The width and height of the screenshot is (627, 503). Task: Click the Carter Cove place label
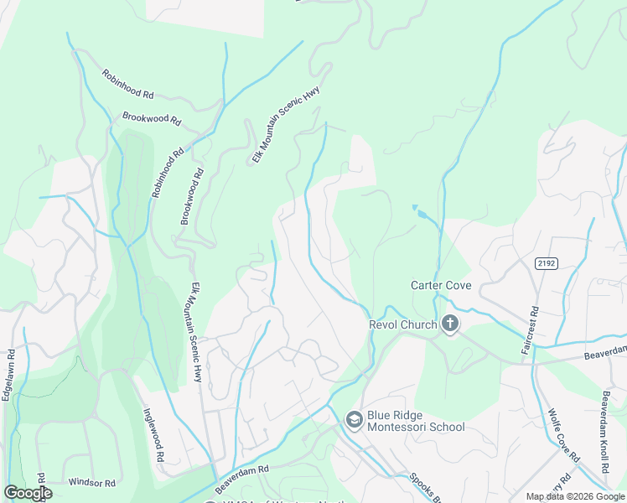pyautogui.click(x=440, y=285)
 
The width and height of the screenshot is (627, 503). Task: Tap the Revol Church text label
pyautogui.click(x=403, y=324)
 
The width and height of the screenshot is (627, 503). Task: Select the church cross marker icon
pyautogui.click(x=450, y=324)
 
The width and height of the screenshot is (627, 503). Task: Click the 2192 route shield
pyautogui.click(x=547, y=263)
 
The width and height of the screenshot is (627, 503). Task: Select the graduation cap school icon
pyautogui.click(x=355, y=419)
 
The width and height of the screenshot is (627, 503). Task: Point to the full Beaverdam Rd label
pyautogui.click(x=241, y=480)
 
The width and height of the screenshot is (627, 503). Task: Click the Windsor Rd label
pyautogui.click(x=91, y=483)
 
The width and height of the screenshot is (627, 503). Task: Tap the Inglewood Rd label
pyautogui.click(x=153, y=435)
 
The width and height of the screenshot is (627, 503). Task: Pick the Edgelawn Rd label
pyautogui.click(x=8, y=376)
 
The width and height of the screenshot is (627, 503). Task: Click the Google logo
pyautogui.click(x=28, y=493)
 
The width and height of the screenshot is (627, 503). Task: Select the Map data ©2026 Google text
pyautogui.click(x=575, y=496)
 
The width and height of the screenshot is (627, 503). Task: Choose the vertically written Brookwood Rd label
pyautogui.click(x=192, y=197)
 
